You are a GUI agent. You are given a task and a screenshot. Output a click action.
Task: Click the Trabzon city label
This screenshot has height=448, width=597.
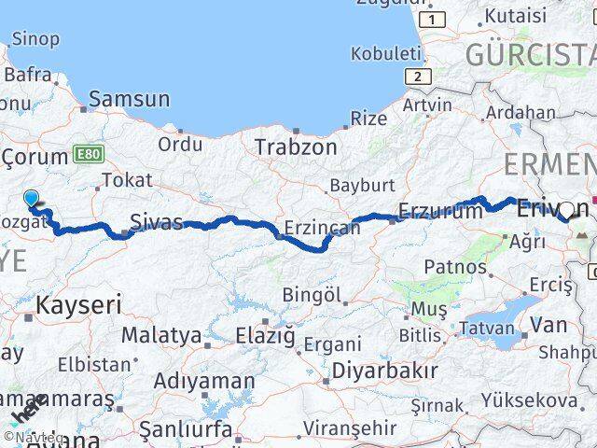coord(296,147)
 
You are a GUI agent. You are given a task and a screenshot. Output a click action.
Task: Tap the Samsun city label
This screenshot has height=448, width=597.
coord(130,99)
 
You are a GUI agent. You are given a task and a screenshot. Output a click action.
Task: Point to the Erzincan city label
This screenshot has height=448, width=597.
coord(322,228)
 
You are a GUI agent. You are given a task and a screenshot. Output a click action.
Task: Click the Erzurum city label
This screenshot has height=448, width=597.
coord(441,211)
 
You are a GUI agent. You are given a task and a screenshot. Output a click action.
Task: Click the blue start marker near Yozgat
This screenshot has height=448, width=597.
coord(32,198)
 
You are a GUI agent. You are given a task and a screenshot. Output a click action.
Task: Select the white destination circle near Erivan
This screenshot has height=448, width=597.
coord(566,211)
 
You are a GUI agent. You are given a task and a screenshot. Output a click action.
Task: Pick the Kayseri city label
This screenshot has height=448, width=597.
coord(79,303)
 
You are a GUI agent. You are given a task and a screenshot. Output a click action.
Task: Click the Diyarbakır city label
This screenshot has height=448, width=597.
coord(384,370)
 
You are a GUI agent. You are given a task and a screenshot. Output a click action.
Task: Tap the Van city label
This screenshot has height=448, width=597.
coord(548,325)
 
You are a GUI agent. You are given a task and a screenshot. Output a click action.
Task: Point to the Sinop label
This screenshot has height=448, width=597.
coord(35,39)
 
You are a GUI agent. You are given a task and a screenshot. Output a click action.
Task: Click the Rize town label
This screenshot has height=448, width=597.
coord(368,119)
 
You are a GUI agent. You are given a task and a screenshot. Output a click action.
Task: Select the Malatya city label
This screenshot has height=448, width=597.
coord(160,334)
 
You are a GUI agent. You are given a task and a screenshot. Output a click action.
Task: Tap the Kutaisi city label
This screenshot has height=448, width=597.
coord(515,15)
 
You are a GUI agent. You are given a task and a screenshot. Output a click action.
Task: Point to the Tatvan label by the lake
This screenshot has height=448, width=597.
coord(487,328)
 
